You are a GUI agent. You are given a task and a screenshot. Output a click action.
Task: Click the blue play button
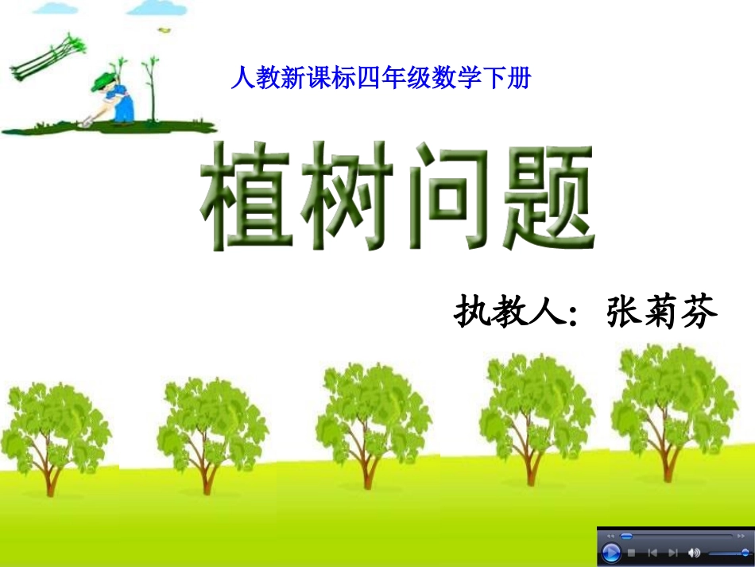[x=611, y=553]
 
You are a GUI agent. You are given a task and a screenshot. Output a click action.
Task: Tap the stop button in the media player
[x=632, y=553]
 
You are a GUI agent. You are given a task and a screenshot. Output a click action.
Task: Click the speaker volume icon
[x=695, y=553]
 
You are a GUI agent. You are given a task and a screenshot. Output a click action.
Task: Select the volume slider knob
[x=745, y=553]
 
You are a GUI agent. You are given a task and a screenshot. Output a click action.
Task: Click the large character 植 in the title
[x=247, y=196]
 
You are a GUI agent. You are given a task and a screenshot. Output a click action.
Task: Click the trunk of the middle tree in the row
[x=368, y=469]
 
